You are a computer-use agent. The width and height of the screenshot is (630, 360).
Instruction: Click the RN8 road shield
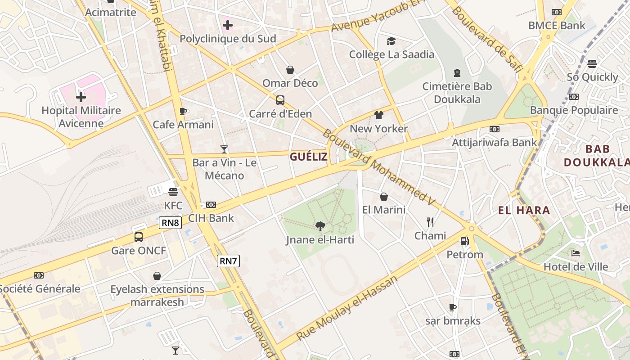[171, 222]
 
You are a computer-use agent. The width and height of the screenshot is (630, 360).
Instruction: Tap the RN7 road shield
[229, 261]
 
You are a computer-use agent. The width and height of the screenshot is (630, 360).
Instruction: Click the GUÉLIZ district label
[309, 157]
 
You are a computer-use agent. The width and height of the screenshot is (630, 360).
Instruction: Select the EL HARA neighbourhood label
[524, 210]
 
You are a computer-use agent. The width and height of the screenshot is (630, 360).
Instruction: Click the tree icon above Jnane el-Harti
[320, 226]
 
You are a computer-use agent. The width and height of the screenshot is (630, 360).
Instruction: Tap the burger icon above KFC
[173, 192]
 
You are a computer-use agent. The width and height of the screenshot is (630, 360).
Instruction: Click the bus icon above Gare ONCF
[139, 237]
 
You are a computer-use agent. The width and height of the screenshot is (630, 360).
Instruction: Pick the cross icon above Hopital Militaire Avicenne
[81, 97]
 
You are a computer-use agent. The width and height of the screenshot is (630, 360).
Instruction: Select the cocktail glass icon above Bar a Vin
[224, 149]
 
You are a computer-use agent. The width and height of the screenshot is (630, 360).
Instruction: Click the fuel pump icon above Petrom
[464, 241]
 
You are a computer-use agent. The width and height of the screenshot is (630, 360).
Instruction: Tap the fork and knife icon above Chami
[430, 222]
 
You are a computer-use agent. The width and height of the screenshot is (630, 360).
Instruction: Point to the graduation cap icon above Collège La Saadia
[391, 41]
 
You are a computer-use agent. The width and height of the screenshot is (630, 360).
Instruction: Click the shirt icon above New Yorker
[378, 115]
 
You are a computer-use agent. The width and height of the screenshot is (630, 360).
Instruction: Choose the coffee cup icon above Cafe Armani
[183, 111]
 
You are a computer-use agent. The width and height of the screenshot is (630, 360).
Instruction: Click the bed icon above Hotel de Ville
[575, 253]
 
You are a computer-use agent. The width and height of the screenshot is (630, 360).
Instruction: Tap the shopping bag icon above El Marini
[384, 197]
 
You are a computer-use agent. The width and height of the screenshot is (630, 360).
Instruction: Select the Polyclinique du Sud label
[228, 39]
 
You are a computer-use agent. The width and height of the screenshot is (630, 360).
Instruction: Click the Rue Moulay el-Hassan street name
[347, 308]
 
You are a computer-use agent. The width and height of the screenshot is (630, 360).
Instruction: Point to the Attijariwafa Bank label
[495, 143]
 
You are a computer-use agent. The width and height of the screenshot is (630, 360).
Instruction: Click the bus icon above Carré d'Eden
[280, 100]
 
